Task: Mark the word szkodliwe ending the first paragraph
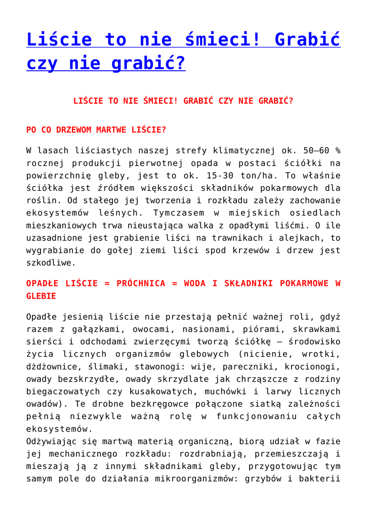pos(51,263)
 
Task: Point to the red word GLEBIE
pos(41,296)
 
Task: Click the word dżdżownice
pos(51,367)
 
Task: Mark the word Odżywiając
pos(51,441)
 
